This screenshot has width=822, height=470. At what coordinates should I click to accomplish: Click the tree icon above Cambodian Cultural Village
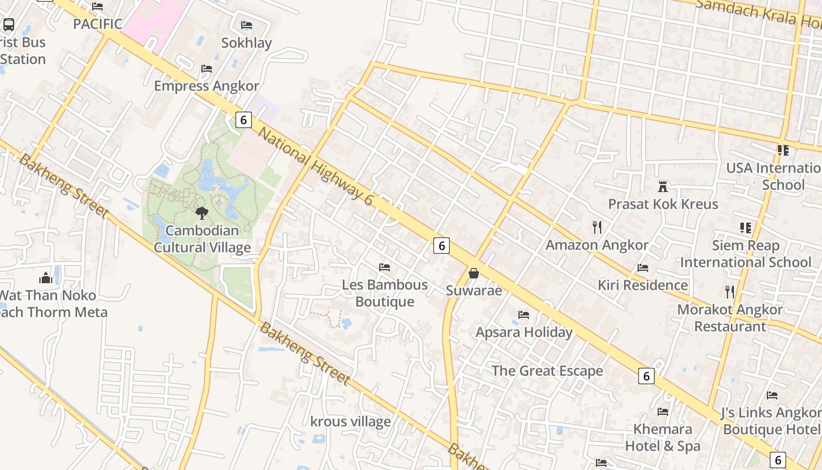tap(202, 213)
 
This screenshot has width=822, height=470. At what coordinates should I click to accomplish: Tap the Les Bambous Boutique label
tap(385, 293)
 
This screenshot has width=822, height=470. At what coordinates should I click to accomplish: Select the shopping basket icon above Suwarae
tap(474, 273)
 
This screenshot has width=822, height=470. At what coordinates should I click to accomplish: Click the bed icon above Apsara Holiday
tap(524, 315)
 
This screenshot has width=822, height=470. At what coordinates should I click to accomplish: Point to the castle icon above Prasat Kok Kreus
tap(663, 187)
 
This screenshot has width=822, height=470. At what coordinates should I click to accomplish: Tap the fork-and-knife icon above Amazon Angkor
tap(597, 227)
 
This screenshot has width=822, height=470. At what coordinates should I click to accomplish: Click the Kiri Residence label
tap(642, 285)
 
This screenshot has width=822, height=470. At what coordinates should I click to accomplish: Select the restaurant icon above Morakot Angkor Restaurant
tap(730, 291)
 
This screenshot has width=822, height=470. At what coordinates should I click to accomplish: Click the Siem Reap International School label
tap(745, 253)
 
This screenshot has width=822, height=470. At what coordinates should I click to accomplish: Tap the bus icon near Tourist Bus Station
tap(9, 25)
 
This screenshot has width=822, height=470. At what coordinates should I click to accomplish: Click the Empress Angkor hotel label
tap(206, 86)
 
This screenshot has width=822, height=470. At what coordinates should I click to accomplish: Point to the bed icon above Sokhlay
tap(247, 25)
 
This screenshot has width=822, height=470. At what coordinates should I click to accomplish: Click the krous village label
tap(351, 421)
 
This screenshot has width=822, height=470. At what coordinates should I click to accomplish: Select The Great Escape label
tap(547, 371)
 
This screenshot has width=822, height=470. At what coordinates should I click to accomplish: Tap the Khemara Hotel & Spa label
tap(663, 437)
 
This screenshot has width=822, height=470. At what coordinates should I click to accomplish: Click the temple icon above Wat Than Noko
tap(46, 277)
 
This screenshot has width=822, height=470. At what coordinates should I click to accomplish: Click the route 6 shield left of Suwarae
tap(442, 245)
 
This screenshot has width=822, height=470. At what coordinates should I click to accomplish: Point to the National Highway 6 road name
tap(316, 166)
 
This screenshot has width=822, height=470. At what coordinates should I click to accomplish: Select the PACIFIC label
tap(97, 24)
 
